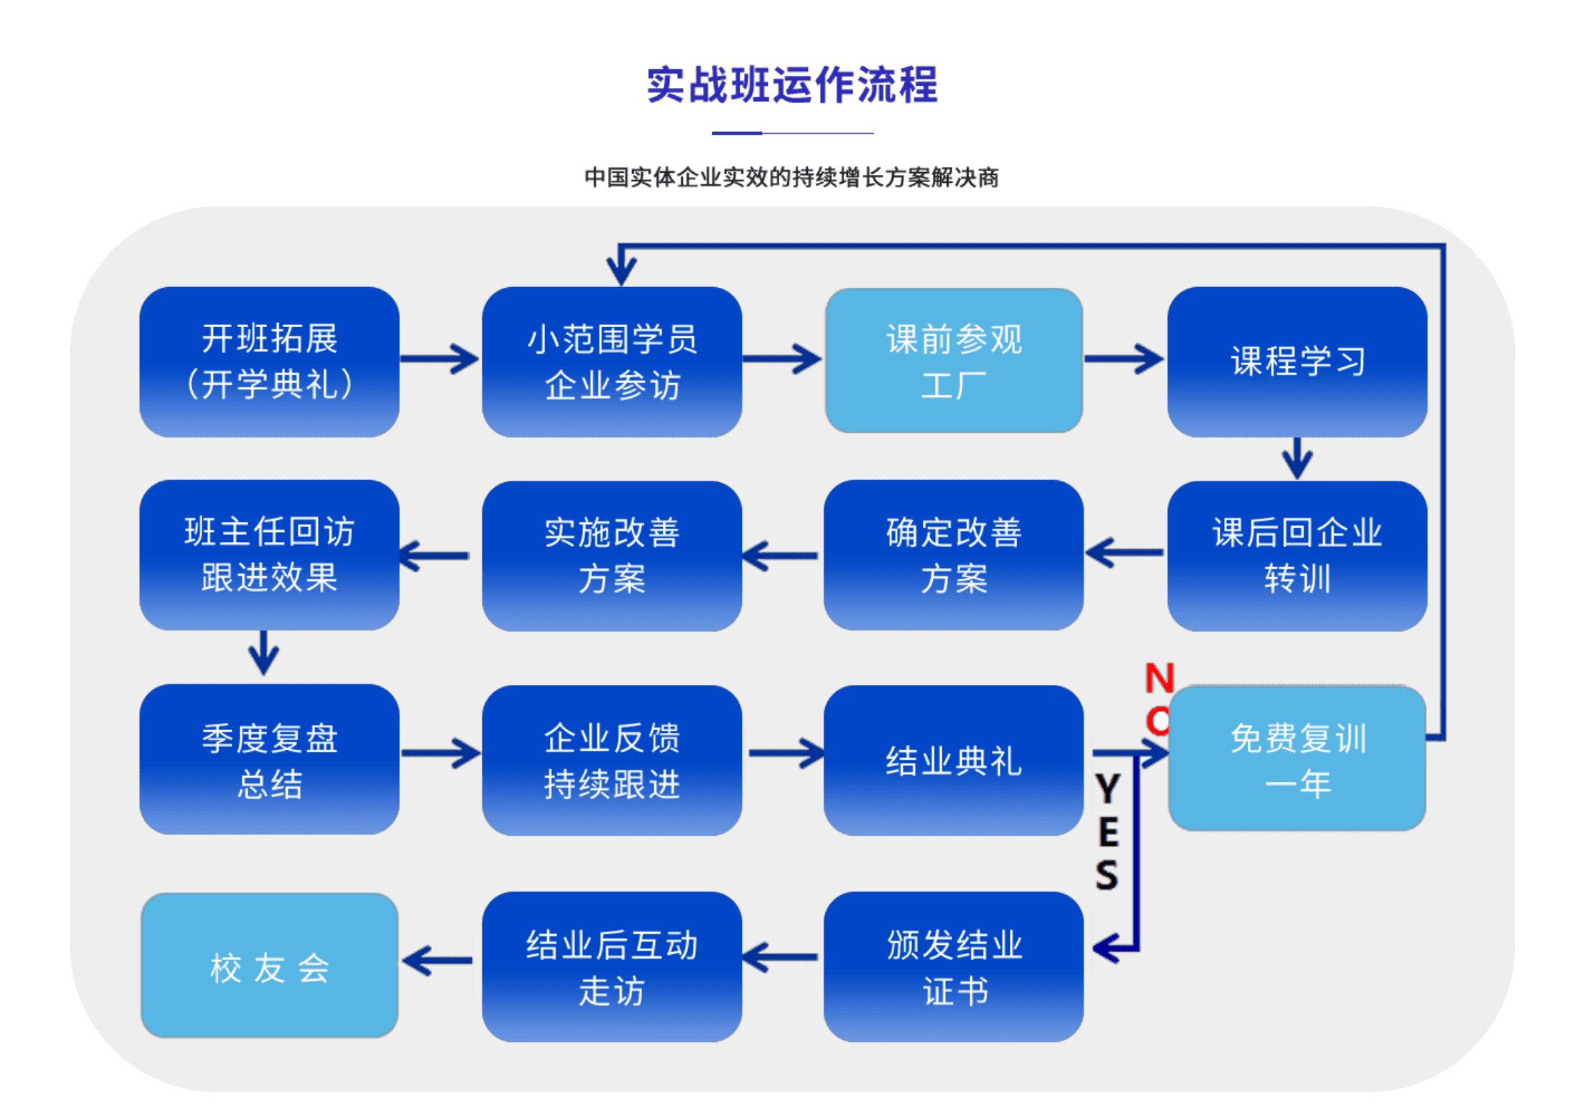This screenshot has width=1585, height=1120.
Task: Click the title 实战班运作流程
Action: pyautogui.click(x=791, y=85)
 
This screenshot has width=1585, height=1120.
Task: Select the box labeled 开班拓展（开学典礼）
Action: pyautogui.click(x=269, y=361)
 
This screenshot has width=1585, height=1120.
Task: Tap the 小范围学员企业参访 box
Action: pyautogui.click(x=611, y=361)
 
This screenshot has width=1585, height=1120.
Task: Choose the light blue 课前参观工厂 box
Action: pyautogui.click(x=954, y=361)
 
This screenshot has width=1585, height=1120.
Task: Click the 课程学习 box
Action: pyautogui.click(x=1297, y=361)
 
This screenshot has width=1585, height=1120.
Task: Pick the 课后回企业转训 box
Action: pyautogui.click(x=1297, y=555)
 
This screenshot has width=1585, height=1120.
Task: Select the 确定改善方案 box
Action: pyautogui.click(x=954, y=555)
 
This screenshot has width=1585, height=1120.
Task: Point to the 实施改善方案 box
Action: pyautogui.click(x=611, y=555)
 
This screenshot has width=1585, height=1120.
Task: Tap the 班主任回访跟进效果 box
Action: pyautogui.click(x=269, y=554)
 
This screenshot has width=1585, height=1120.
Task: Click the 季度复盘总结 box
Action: pyautogui.click(x=269, y=759)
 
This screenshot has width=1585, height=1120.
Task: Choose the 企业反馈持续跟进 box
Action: pyautogui.click(x=611, y=760)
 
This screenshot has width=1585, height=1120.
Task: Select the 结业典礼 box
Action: pyautogui.click(x=954, y=760)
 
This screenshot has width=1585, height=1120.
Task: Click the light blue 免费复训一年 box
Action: pyautogui.click(x=1297, y=759)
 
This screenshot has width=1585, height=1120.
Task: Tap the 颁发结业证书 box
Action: pyautogui.click(x=954, y=966)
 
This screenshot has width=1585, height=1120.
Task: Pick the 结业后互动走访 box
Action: pyautogui.click(x=611, y=966)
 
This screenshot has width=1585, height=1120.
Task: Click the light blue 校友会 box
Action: pyautogui.click(x=269, y=966)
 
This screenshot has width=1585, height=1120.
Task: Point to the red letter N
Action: pyautogui.click(x=1159, y=678)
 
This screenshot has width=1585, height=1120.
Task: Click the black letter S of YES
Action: pyautogui.click(x=1107, y=875)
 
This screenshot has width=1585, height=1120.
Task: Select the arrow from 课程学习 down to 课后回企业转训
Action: pyautogui.click(x=1297, y=459)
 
